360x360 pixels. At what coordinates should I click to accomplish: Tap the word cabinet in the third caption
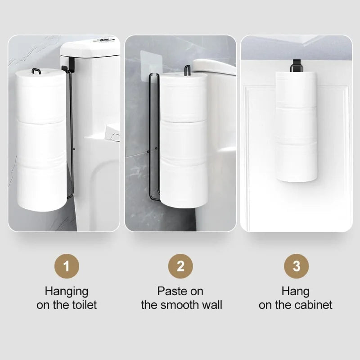coord(314,305)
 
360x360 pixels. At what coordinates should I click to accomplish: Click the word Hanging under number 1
coord(66,291)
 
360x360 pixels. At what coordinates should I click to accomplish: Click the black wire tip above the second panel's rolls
coord(187,69)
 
